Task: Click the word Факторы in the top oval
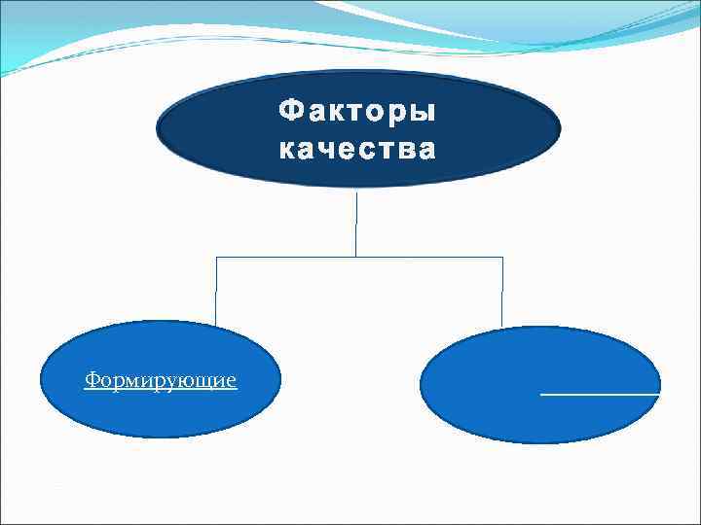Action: pos(357,112)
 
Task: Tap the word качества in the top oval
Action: pos(357,151)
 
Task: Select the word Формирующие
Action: pos(160,379)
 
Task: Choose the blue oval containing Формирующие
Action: pos(160,408)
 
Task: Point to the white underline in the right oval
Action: pos(599,395)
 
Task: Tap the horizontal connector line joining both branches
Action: pos(292,257)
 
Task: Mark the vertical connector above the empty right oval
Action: pos(501,292)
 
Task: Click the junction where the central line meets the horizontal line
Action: pos(355,257)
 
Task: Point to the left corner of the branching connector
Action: pos(215,257)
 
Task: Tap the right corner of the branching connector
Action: pos(502,257)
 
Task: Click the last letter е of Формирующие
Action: pos(231,380)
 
